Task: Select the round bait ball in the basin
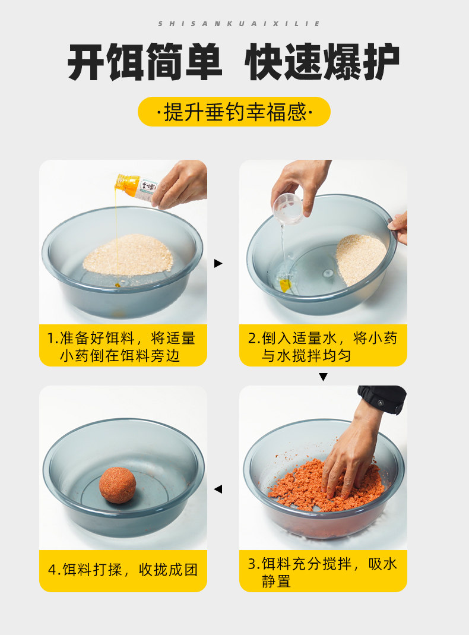tap(118, 485)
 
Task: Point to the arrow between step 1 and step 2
tap(218, 263)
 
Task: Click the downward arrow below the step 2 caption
tap(323, 377)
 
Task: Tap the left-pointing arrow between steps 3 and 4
tap(218, 489)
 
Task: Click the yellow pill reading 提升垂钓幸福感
tap(235, 112)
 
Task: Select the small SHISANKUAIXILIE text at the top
tap(239, 24)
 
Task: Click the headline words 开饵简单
tap(144, 62)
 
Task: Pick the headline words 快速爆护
tap(322, 62)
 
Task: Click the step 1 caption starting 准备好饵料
tap(121, 347)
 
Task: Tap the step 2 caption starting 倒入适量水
tap(322, 347)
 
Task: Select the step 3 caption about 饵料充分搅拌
tap(322, 572)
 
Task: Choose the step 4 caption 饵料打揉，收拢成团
tap(123, 570)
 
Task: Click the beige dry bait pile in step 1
tap(128, 254)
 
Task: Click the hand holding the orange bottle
tap(180, 184)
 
